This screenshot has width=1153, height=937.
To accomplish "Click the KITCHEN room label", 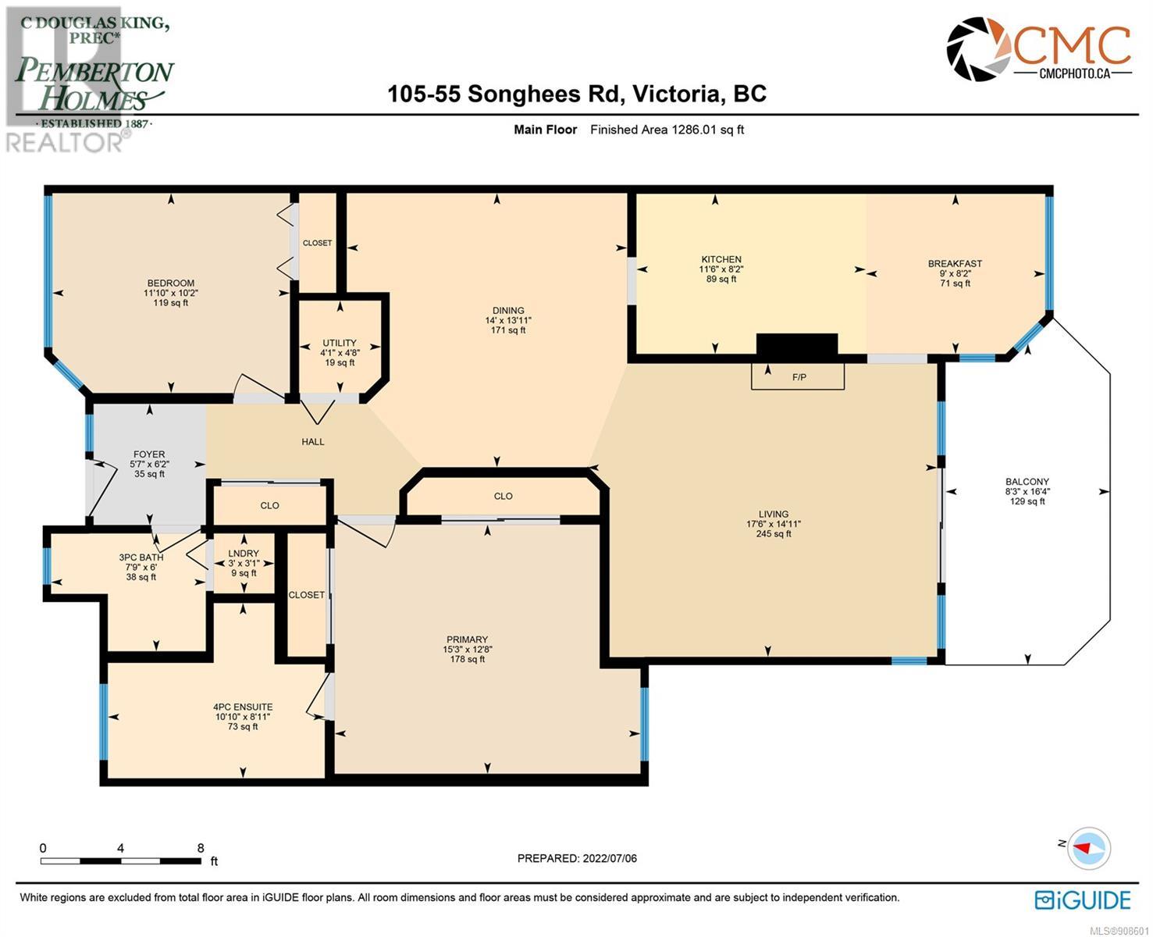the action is [721, 259].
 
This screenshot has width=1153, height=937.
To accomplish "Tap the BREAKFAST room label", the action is [955, 264].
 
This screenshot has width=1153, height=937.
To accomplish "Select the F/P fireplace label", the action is [799, 377].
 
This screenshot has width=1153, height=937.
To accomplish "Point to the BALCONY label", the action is [1027, 481].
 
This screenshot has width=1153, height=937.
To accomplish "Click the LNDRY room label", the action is [244, 553].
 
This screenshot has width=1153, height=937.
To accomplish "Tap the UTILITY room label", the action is [340, 343].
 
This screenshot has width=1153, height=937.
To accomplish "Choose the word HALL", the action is [313, 442].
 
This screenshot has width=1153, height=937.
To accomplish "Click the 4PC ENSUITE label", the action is [243, 707].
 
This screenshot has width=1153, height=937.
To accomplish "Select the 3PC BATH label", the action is [141, 557].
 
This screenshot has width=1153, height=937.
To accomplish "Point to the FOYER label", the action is [149, 454].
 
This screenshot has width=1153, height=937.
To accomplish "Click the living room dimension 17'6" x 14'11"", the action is [774, 523].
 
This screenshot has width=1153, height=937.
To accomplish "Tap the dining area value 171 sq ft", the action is [507, 330].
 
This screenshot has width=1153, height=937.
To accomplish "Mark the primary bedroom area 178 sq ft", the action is [467, 659].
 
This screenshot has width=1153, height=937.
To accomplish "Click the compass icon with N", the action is [1087, 848].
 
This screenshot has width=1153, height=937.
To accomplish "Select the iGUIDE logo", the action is [1083, 899].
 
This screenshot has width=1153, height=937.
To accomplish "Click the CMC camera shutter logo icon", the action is [979, 49].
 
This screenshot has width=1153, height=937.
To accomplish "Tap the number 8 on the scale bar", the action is [201, 848].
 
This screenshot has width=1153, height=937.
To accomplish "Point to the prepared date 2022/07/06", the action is [609, 858].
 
